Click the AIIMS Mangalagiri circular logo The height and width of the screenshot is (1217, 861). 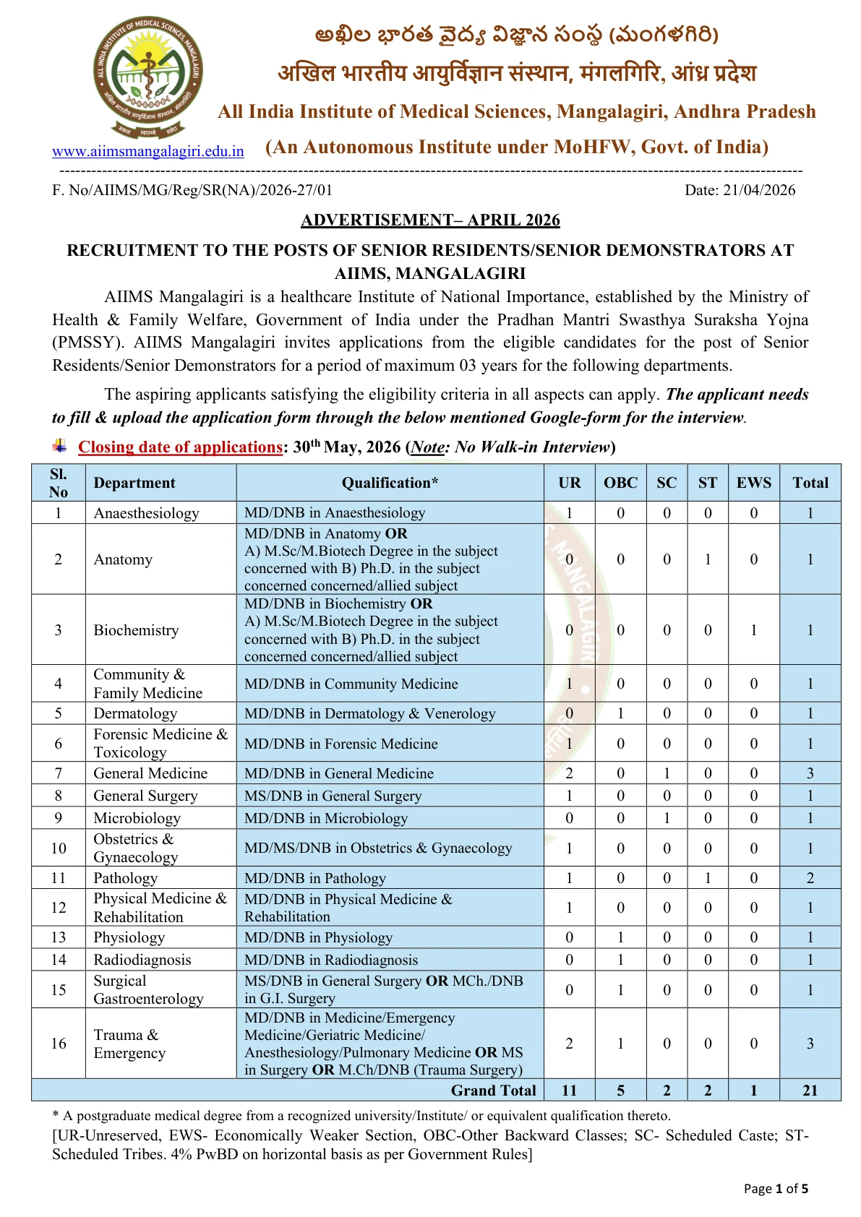(x=147, y=77)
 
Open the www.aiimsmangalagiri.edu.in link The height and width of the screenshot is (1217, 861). (x=147, y=152)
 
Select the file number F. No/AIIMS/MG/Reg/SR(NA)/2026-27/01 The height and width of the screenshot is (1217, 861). (x=192, y=190)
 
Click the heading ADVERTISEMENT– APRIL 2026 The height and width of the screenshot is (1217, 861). (x=430, y=220)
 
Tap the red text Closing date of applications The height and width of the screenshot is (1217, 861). (x=180, y=447)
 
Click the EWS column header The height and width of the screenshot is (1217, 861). (x=753, y=483)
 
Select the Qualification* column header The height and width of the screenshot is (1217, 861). (x=390, y=483)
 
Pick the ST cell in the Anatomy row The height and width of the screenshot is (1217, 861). (x=708, y=559)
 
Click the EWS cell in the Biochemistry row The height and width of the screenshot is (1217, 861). (x=753, y=630)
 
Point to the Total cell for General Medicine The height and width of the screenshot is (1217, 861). (x=810, y=773)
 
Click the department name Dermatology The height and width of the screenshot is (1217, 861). (x=135, y=713)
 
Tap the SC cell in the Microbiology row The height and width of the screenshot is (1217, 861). (x=667, y=818)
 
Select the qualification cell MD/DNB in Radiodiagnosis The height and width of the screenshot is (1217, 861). (x=331, y=960)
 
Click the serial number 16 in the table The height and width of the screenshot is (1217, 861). (x=59, y=1044)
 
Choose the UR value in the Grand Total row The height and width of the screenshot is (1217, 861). (x=569, y=1090)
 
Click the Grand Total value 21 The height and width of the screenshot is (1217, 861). (x=810, y=1090)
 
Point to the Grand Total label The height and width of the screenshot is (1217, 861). (x=493, y=1090)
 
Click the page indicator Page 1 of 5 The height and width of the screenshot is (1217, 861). (x=776, y=1188)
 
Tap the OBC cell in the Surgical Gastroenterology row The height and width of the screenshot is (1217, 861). (x=620, y=990)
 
